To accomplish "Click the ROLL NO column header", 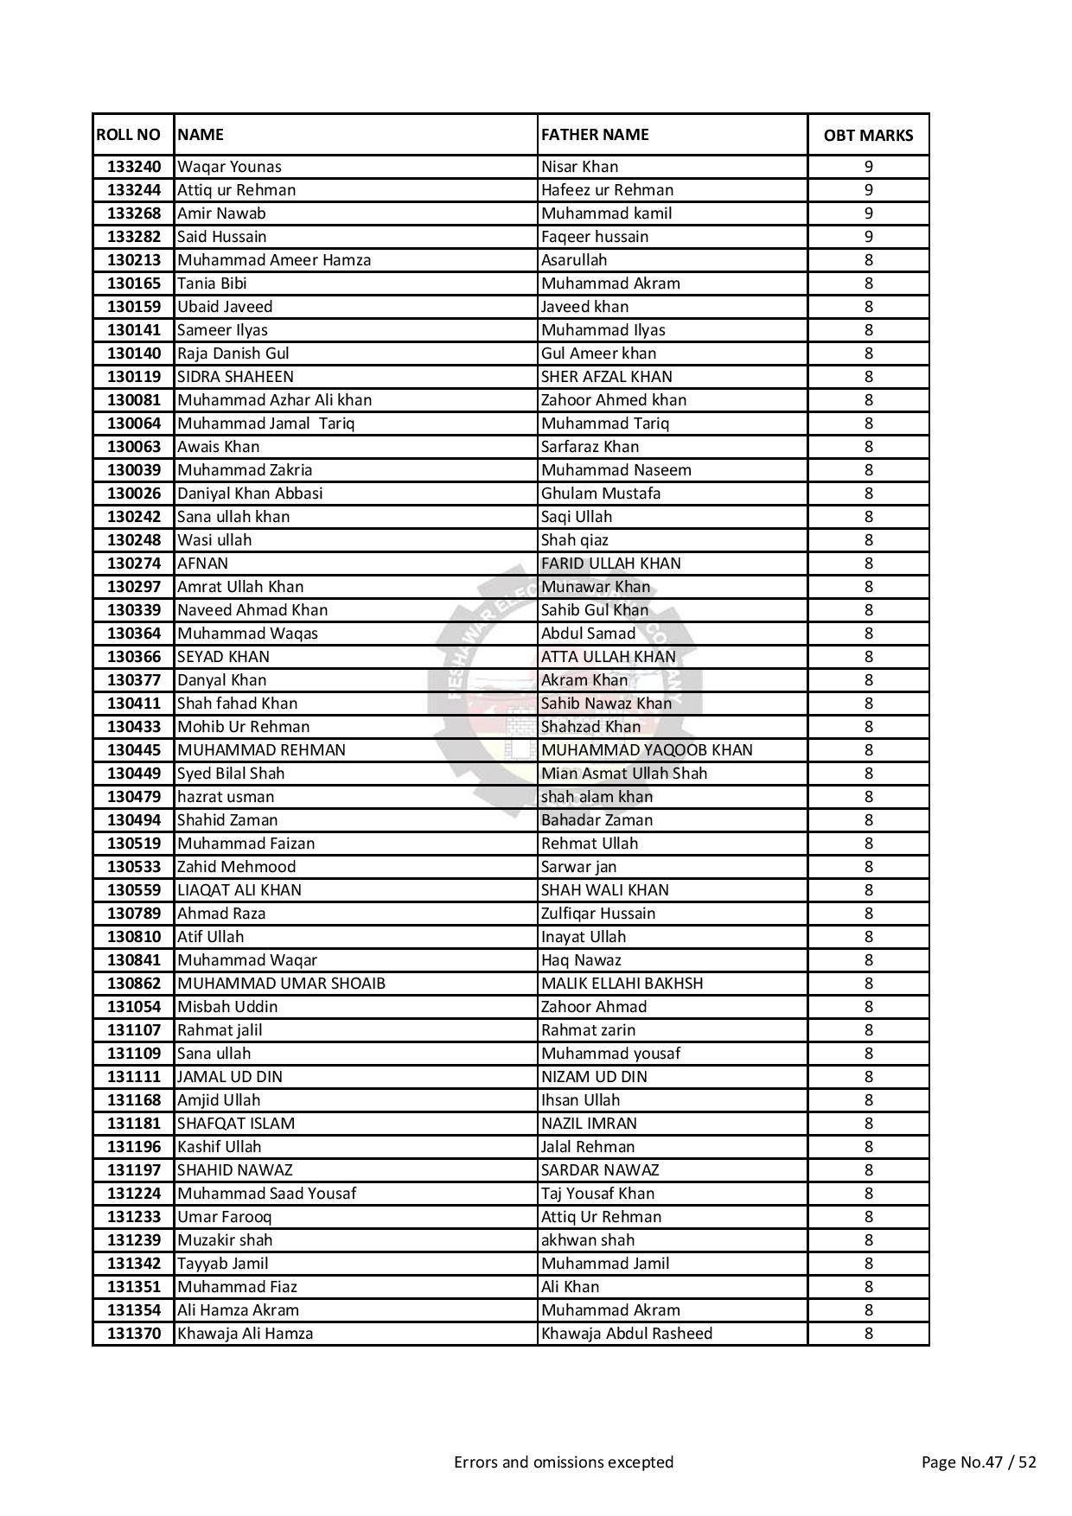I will click(129, 135).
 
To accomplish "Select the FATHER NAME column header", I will click(595, 135).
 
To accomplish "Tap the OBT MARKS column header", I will click(868, 136).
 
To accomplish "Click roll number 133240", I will click(134, 167).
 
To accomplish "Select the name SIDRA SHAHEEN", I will click(235, 377).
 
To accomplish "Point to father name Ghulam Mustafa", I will click(601, 494).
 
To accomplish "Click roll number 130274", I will click(134, 564).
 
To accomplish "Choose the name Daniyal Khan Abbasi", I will click(250, 494).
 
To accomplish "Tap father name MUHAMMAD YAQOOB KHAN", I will click(647, 750).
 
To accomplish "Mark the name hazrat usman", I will click(226, 797).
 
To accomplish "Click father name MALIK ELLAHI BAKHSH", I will click(622, 984).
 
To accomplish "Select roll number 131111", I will click(134, 1077).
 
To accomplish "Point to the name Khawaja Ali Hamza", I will click(246, 1334).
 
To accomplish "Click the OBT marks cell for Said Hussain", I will click(868, 237).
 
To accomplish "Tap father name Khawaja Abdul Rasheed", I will click(627, 1334).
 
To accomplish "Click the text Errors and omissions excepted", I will click(564, 1462).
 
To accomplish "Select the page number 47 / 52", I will click(979, 1462).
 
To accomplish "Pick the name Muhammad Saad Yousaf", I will click(266, 1194).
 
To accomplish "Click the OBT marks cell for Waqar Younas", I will click(868, 167).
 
